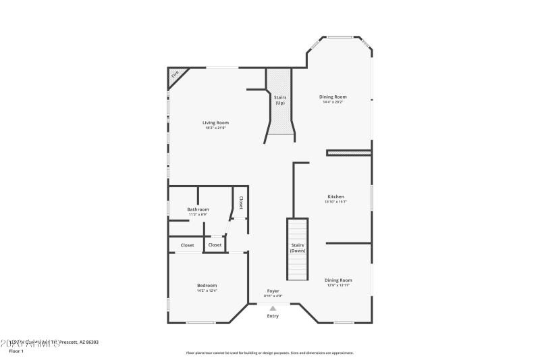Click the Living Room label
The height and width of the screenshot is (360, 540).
216,123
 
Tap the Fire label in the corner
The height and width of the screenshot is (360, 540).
175,76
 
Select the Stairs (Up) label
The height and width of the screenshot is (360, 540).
280,100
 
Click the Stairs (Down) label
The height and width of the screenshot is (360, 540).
298,247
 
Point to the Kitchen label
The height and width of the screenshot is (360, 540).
335,197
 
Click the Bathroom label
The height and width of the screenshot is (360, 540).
198,209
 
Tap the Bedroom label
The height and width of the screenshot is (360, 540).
207,286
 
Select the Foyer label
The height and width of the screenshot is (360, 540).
273,291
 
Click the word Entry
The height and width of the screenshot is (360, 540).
273,316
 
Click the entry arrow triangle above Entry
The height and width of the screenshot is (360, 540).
273,307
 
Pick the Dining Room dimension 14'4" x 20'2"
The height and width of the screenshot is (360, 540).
332,102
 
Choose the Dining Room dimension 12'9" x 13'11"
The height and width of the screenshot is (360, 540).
338,285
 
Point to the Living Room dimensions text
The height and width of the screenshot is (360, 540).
216,128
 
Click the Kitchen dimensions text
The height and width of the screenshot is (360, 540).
335,202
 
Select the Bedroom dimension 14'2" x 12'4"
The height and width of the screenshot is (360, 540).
207,291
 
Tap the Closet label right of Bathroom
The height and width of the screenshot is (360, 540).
241,203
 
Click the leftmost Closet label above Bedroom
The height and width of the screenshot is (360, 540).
187,245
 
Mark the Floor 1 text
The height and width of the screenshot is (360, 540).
16,352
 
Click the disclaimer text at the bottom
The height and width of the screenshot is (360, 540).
270,353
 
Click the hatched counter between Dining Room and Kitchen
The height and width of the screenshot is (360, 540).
349,153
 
